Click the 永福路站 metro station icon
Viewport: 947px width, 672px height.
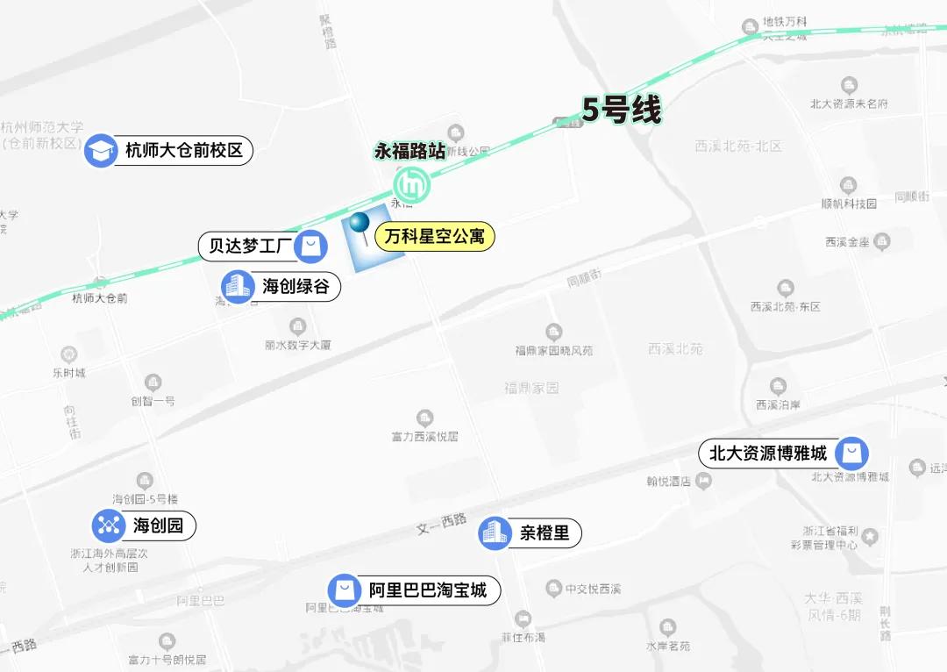point(410,184)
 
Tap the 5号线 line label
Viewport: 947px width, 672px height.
point(622,111)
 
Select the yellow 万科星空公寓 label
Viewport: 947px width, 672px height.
point(435,236)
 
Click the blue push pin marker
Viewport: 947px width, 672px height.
point(360,225)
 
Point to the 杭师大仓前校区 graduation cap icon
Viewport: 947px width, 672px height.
point(101,151)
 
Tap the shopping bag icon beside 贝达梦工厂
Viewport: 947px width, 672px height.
point(310,246)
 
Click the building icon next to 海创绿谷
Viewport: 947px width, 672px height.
point(237,286)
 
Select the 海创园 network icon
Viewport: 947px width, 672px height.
point(109,526)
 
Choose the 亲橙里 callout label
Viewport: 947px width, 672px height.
point(545,533)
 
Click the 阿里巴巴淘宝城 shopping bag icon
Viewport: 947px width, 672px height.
point(344,590)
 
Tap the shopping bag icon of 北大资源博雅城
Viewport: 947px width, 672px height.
point(851,453)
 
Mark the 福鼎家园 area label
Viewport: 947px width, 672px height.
point(531,388)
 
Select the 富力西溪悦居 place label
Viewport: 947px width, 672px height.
point(424,435)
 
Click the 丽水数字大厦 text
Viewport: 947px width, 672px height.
point(298,346)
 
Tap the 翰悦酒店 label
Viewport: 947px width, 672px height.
point(670,481)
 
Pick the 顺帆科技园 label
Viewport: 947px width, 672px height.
point(848,204)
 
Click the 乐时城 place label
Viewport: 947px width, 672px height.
point(68,373)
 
